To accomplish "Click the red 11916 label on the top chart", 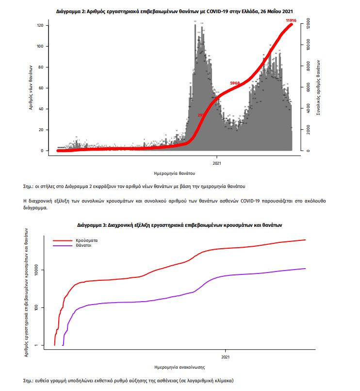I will tap(291, 20).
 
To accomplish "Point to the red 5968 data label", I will tap(235, 83).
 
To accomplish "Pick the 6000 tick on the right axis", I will tap(308, 87).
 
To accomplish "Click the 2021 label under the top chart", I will tap(217, 163).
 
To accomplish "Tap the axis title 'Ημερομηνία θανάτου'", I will tap(175, 172).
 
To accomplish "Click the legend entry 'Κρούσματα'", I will tap(85, 240).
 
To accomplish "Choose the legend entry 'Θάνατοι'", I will tap(83, 246).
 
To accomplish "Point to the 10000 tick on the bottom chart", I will tap(41, 270).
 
